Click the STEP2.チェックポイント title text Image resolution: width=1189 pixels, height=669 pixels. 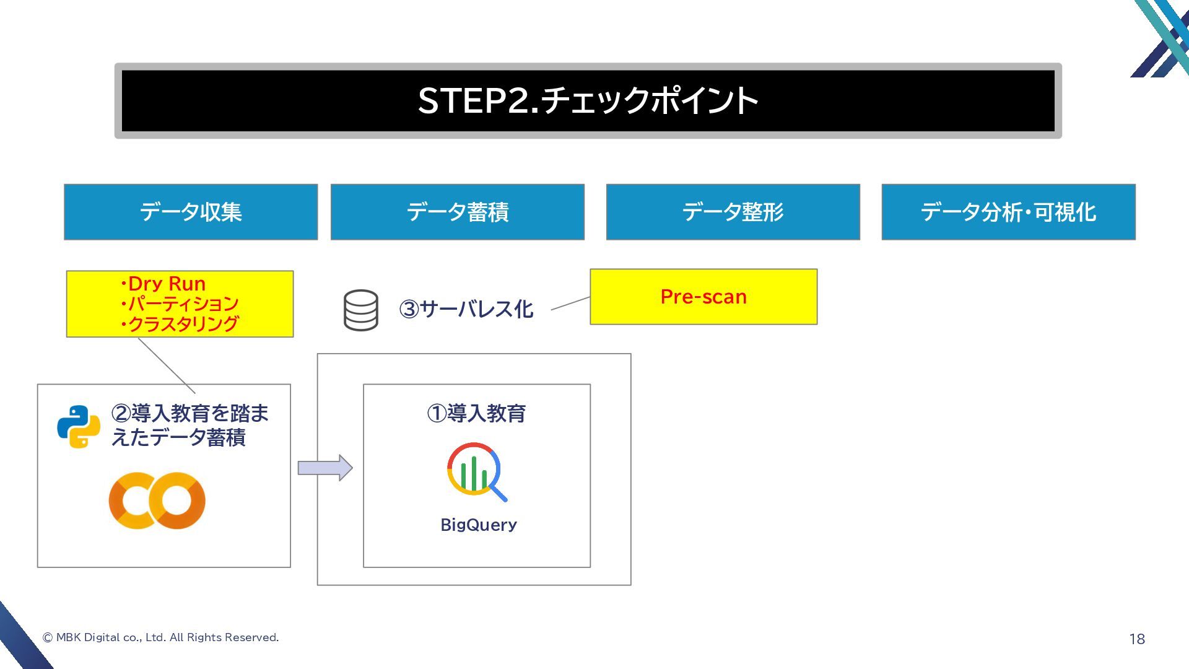(588, 100)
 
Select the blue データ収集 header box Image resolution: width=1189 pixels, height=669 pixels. (191, 212)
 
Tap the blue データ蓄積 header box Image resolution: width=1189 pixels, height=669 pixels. (457, 212)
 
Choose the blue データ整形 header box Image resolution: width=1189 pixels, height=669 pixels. (733, 212)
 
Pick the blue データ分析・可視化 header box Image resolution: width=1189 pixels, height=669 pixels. (1008, 212)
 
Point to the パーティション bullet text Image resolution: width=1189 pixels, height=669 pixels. (182, 304)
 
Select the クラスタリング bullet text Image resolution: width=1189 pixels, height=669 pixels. (182, 324)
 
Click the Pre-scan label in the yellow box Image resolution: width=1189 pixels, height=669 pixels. (703, 297)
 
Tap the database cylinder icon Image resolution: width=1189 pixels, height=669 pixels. (361, 310)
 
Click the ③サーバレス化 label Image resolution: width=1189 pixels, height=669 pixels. (466, 308)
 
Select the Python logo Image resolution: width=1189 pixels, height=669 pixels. (79, 426)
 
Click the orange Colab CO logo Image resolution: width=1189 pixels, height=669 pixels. (157, 501)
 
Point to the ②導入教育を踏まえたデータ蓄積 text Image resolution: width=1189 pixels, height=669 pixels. (189, 425)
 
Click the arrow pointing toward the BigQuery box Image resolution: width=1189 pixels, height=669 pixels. (325, 468)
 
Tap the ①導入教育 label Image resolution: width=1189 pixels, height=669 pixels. (476, 413)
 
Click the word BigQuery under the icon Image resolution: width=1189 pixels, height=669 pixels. (478, 525)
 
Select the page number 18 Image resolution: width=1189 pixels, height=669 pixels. (1137, 639)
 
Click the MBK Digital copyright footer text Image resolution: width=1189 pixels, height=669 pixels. (161, 637)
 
